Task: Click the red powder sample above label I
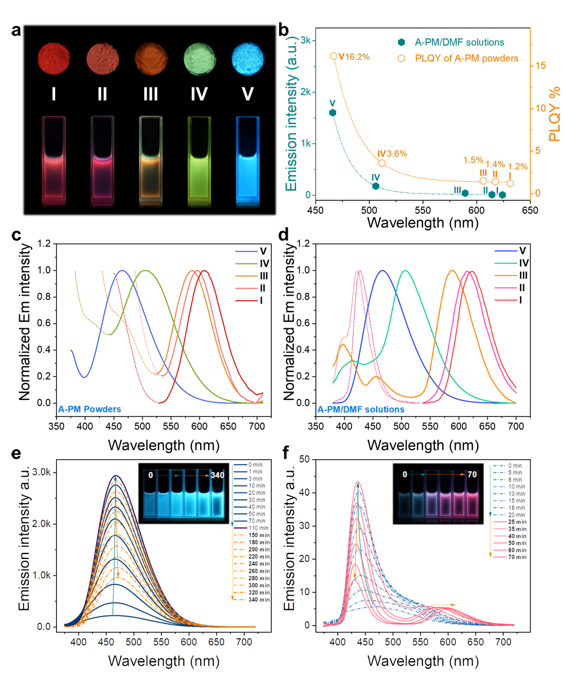pos(54,58)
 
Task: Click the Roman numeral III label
pos(151,94)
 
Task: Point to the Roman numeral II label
pos(102,94)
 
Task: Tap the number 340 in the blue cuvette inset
pos(218,476)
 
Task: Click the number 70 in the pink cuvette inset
pos(472,475)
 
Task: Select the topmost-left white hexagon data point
pos(334,56)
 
